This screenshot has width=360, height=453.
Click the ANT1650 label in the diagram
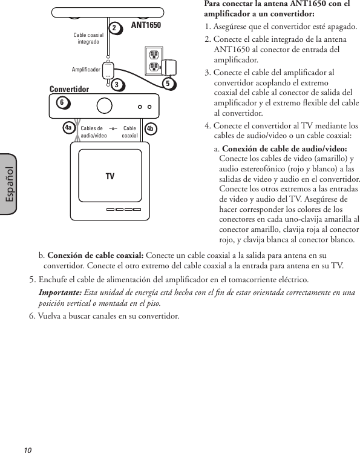(146, 25)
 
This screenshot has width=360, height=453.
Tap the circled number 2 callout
(114, 28)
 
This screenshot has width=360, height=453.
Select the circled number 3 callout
(115, 85)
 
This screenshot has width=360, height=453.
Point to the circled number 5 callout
(168, 84)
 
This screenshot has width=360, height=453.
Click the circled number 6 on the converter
(62, 103)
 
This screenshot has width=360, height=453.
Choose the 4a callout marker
(69, 128)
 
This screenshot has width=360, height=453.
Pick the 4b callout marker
(151, 128)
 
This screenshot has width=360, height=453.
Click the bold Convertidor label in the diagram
(69, 89)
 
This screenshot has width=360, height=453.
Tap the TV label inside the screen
(110, 176)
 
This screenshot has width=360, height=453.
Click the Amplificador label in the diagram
(85, 70)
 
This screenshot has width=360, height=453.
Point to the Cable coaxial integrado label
(88, 38)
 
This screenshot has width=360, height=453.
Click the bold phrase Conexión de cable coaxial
(96, 254)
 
